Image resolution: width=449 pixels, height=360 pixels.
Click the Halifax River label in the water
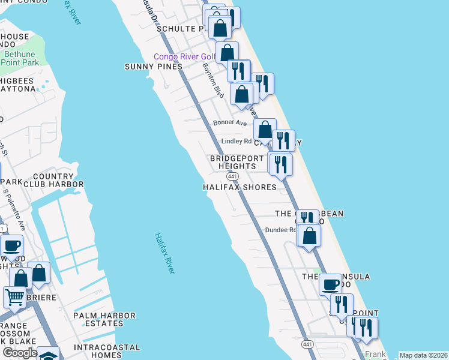164,254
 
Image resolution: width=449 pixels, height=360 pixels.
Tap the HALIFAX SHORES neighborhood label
240,187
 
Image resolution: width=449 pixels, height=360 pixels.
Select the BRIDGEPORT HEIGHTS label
233,162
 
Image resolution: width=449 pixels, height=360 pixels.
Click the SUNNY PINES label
153,67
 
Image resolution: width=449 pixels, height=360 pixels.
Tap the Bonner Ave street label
230,122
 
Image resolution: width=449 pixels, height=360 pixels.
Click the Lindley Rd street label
237,142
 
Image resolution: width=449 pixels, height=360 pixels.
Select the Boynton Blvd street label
212,82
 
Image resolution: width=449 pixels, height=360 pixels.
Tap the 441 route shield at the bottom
308,344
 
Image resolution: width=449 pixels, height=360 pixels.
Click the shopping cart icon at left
14,296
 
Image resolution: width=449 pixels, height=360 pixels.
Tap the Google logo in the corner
19,353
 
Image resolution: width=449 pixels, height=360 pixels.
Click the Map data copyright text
423,355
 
